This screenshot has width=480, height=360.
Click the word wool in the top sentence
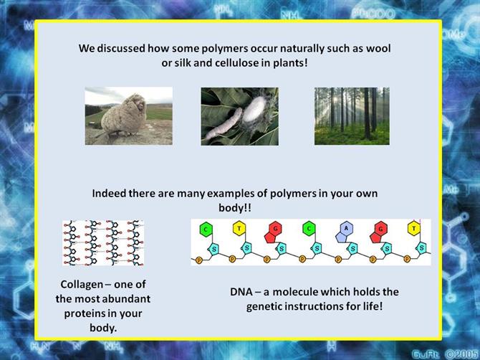378,49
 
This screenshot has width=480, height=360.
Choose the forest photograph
352,116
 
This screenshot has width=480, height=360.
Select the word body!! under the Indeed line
235,208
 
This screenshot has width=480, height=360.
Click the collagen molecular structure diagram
103,242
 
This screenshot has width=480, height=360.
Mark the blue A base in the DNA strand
345,232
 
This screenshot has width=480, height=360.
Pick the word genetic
265,307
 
